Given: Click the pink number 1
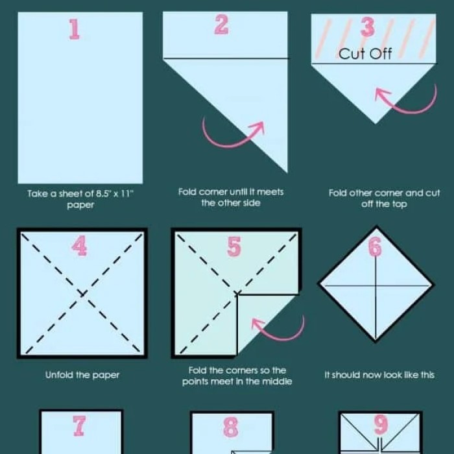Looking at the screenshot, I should point(75,29).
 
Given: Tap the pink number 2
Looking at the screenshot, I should point(221,25).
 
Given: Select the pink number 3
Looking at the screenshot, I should point(367,28).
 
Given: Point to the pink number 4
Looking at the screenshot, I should point(80,246).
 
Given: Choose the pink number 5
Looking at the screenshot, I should point(234,246).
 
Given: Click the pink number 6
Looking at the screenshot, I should point(376,246).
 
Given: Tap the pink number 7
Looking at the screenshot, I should point(79,425).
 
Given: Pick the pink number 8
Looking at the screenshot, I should point(230,427).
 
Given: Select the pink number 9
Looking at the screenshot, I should point(381,425).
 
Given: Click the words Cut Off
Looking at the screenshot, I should point(365,54).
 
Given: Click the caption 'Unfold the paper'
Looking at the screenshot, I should point(82,375).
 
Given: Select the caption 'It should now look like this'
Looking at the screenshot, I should point(379,375).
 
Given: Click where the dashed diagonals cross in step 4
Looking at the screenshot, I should point(82,294).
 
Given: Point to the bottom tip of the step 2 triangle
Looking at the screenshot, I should point(287,172).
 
